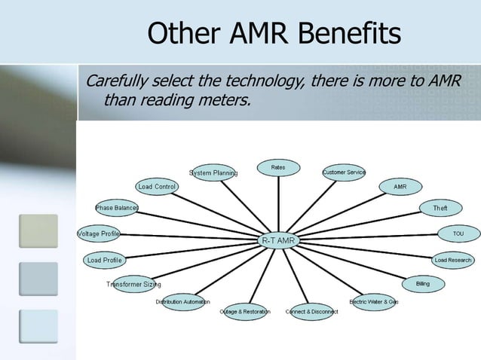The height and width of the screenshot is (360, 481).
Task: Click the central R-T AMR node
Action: coord(279,240)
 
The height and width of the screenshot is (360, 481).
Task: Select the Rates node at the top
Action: coord(278,167)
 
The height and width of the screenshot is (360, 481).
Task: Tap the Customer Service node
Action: coord(344,172)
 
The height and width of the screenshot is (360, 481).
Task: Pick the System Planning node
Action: coord(213,172)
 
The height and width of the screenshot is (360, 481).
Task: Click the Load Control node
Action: coord(157,187)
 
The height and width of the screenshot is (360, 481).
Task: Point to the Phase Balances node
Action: coord(117,207)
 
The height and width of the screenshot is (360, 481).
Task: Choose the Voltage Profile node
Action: coord(99,233)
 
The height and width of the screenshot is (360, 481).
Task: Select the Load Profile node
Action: coord(104,261)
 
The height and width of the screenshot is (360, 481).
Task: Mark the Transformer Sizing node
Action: coord(133,284)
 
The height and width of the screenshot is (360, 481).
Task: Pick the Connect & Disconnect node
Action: coord(311,311)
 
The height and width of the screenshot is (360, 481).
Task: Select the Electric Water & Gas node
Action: coord(374,302)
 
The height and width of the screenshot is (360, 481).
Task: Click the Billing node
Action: coord(423,284)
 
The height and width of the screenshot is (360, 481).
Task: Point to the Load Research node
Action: coord(453,261)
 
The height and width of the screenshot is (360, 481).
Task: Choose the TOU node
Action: coord(458,233)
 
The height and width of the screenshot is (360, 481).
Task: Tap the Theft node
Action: coord(440,207)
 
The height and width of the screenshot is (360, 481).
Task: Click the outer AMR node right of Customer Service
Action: coord(400,186)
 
